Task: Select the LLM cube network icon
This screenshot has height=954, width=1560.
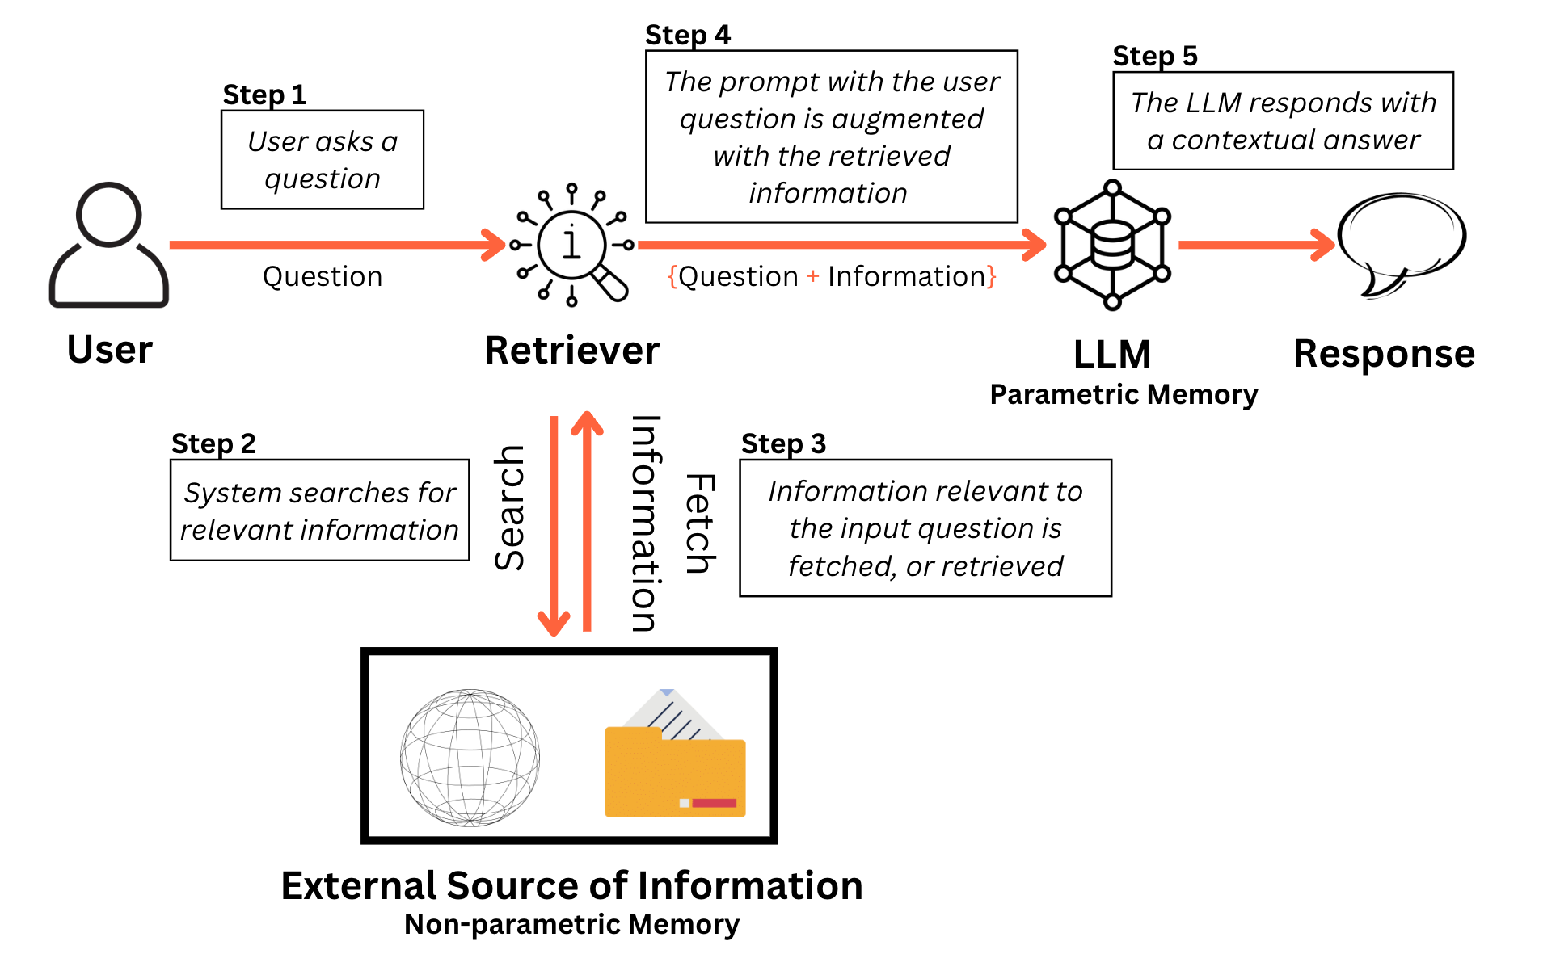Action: click(x=1112, y=245)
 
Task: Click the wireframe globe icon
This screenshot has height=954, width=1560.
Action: click(x=470, y=757)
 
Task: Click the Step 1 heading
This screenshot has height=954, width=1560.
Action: click(x=264, y=95)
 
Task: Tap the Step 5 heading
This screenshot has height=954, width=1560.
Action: click(x=1154, y=56)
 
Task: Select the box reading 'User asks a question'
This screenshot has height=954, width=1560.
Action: click(x=323, y=160)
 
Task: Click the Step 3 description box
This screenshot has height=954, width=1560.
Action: click(x=925, y=528)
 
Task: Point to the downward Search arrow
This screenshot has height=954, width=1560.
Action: click(x=554, y=525)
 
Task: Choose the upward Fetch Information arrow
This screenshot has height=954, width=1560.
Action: click(x=588, y=521)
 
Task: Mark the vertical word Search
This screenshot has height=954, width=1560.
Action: click(x=510, y=507)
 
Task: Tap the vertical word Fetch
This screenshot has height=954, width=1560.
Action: click(x=700, y=523)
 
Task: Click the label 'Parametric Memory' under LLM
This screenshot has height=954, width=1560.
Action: click(x=1124, y=394)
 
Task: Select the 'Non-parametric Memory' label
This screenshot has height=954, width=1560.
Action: click(x=571, y=924)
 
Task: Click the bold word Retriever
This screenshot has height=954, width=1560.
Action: click(x=571, y=351)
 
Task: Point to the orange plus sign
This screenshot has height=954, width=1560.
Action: click(x=813, y=276)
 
